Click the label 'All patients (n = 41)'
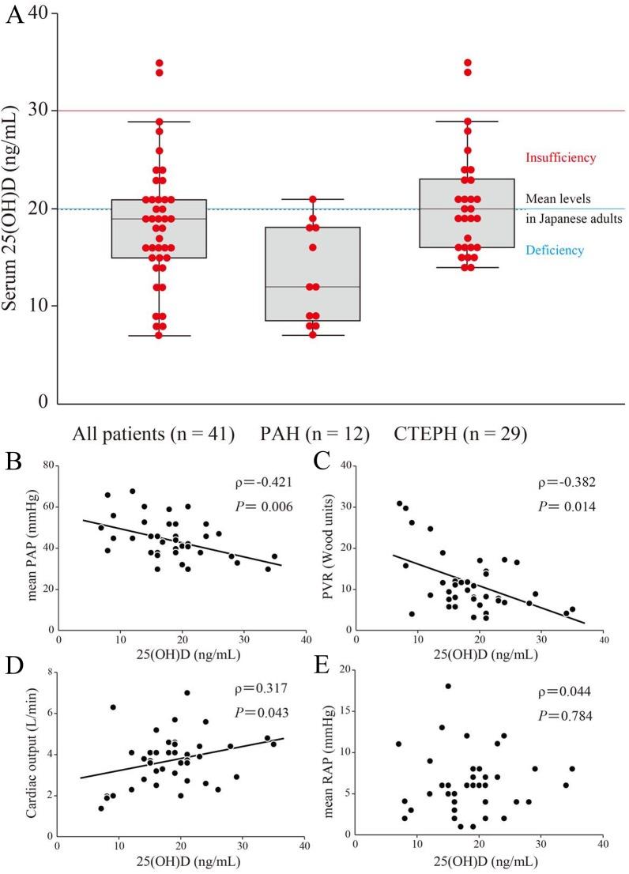tap(153, 433)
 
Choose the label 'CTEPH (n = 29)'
tap(461, 433)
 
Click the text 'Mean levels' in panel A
tap(560, 199)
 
